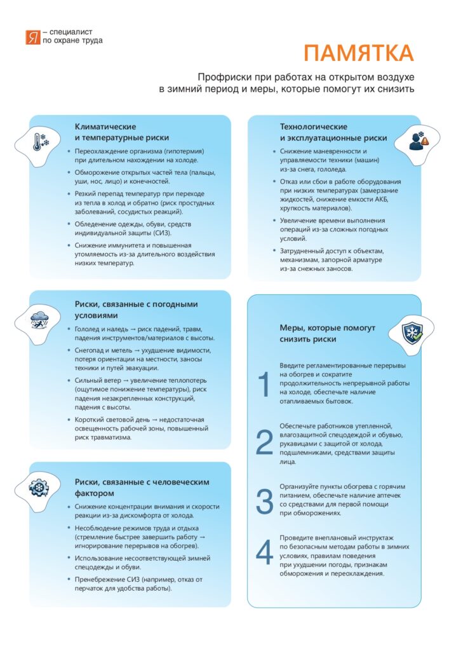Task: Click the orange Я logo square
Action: point(32,37)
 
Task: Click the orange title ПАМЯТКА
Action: point(357,53)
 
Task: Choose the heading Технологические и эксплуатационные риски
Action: point(333,132)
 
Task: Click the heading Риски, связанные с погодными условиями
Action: point(137,309)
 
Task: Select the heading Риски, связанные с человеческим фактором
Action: point(142,487)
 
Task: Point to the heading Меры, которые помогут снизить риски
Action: point(327,334)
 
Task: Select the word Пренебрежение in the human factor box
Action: point(104,579)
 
